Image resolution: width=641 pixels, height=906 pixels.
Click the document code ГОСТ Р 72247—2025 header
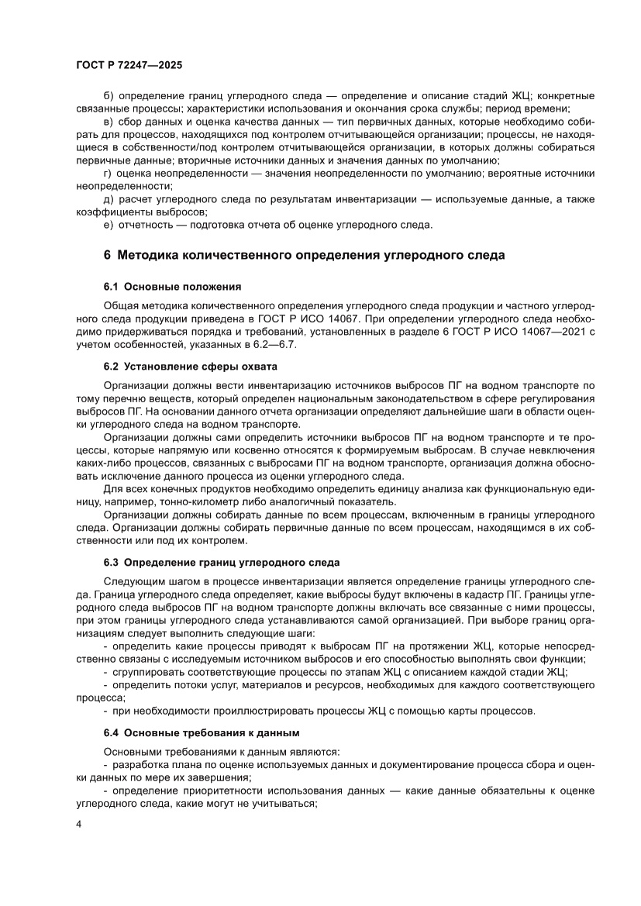point(129,67)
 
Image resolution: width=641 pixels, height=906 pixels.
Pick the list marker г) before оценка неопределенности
point(108,173)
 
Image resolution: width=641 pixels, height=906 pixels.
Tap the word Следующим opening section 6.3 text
point(132,580)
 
